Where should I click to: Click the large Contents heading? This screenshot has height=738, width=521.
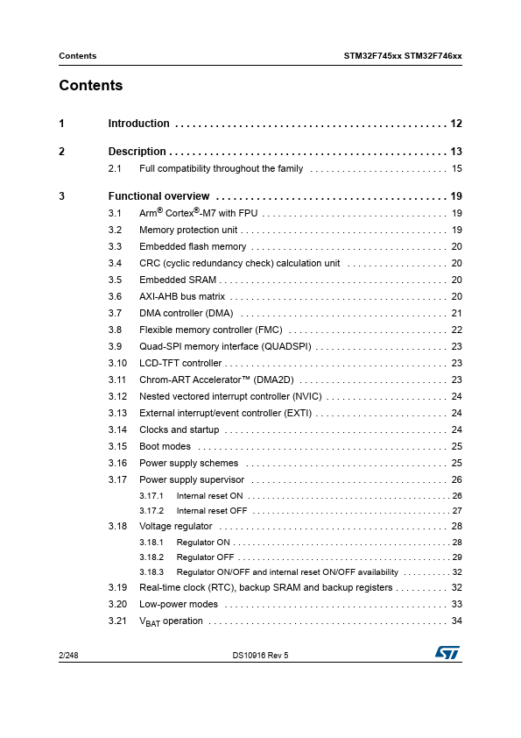coord(91,86)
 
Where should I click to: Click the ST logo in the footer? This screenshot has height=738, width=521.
coord(447,654)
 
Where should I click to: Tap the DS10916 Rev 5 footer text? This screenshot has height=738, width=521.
coord(260,655)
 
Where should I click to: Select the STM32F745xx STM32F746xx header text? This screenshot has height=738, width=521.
coord(403,56)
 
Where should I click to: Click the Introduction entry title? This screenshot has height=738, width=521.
coord(138,124)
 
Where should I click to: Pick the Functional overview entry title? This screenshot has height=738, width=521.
coord(158,196)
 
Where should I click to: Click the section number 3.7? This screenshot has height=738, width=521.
coord(115,313)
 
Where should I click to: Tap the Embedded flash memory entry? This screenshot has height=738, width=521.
coord(193,247)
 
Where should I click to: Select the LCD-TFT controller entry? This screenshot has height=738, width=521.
coord(180,363)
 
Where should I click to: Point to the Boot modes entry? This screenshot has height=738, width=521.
coord(165,446)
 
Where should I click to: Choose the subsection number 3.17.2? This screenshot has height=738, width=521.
coord(151,511)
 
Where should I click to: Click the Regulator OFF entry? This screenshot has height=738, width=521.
coord(205,557)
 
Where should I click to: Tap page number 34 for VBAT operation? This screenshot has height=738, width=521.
coord(456,621)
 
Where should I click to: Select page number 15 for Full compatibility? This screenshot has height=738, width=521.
coord(456,168)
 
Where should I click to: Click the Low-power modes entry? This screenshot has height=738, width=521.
coord(179,604)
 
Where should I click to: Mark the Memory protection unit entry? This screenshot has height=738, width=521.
coord(188,231)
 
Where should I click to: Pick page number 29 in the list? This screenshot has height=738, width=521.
coord(456,557)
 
